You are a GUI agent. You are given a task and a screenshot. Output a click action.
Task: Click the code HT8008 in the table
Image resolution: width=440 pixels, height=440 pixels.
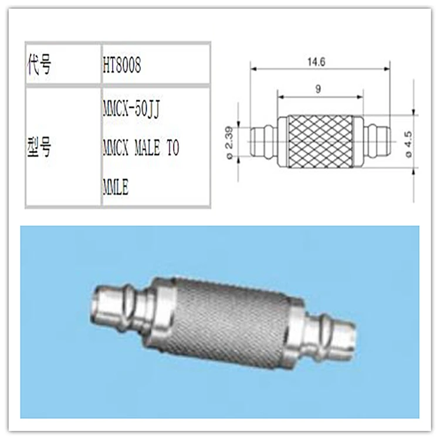121,65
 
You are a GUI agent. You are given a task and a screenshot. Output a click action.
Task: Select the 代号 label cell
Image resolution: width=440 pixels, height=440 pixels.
39,65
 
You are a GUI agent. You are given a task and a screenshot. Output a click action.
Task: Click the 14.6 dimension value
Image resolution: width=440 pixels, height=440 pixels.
320,61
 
